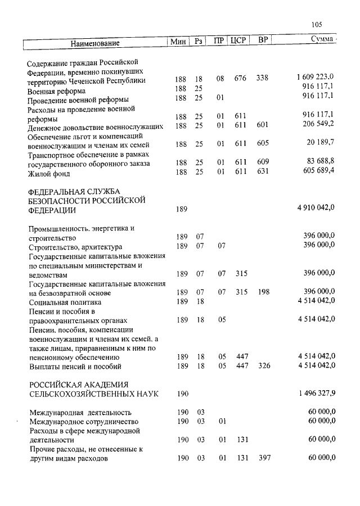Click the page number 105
(x=316, y=24)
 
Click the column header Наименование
(x=96, y=43)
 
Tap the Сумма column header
(x=321, y=40)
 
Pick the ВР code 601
(x=262, y=125)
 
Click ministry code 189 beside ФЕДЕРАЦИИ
(x=182, y=210)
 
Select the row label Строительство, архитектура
(x=75, y=247)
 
